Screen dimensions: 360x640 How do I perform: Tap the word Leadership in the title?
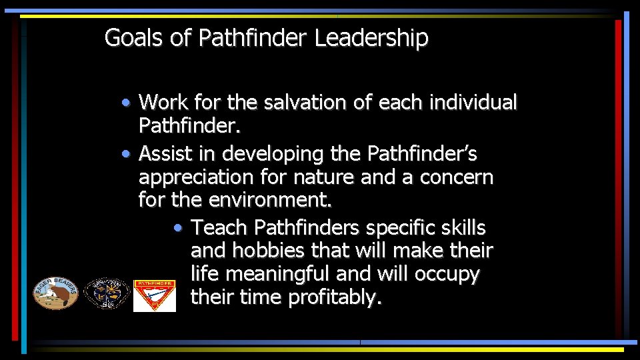pos(371,38)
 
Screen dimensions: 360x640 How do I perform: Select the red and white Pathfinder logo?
pos(155,295)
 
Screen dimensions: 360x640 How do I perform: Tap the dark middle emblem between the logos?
pos(106,294)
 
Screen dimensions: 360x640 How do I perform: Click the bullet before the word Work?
pos(126,103)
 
